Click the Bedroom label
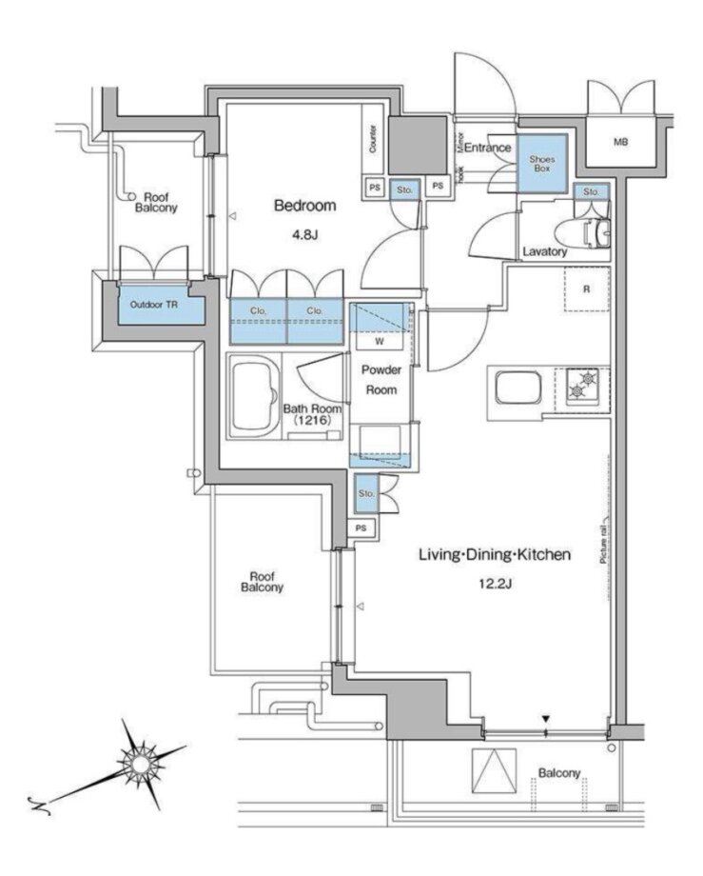point(304,206)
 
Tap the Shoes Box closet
point(541,164)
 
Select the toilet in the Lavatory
point(591,233)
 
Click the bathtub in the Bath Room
point(254,395)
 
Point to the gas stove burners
point(582,386)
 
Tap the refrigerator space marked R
point(586,289)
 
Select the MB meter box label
point(621,142)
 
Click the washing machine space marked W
point(380,341)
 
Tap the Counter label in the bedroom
point(373,139)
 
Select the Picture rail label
point(604,540)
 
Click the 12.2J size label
point(495,585)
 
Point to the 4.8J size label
point(304,234)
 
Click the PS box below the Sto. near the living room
point(361,528)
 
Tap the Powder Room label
point(381,380)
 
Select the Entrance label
point(488,148)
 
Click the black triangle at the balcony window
point(546,719)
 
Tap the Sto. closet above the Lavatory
point(591,191)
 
